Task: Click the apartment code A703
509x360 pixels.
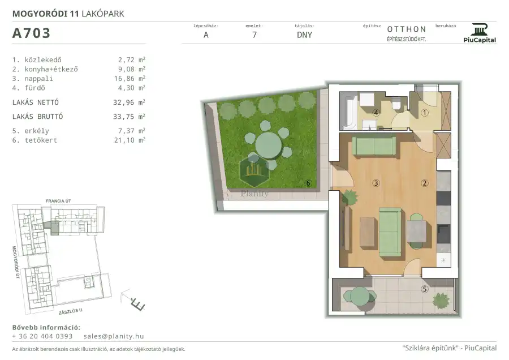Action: click(x=31, y=33)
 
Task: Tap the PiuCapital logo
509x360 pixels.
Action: click(x=480, y=33)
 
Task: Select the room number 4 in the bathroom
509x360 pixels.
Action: click(x=376, y=113)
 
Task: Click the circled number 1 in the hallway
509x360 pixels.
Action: click(x=425, y=113)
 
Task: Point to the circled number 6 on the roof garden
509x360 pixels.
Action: click(x=308, y=183)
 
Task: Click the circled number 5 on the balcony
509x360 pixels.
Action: click(x=425, y=289)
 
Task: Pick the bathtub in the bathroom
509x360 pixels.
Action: click(x=348, y=110)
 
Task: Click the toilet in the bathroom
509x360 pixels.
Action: click(x=396, y=103)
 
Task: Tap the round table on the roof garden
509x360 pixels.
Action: click(x=268, y=145)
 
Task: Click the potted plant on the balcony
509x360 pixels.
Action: click(x=441, y=301)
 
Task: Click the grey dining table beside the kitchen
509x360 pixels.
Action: click(x=416, y=231)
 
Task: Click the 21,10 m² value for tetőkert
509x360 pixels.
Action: click(x=130, y=140)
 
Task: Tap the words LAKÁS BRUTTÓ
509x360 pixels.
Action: click(x=38, y=116)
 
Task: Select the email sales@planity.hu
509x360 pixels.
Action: click(x=114, y=336)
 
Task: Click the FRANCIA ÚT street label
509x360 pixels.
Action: click(x=58, y=201)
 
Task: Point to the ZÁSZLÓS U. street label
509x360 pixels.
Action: click(x=71, y=311)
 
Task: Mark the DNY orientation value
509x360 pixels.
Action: click(x=304, y=35)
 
